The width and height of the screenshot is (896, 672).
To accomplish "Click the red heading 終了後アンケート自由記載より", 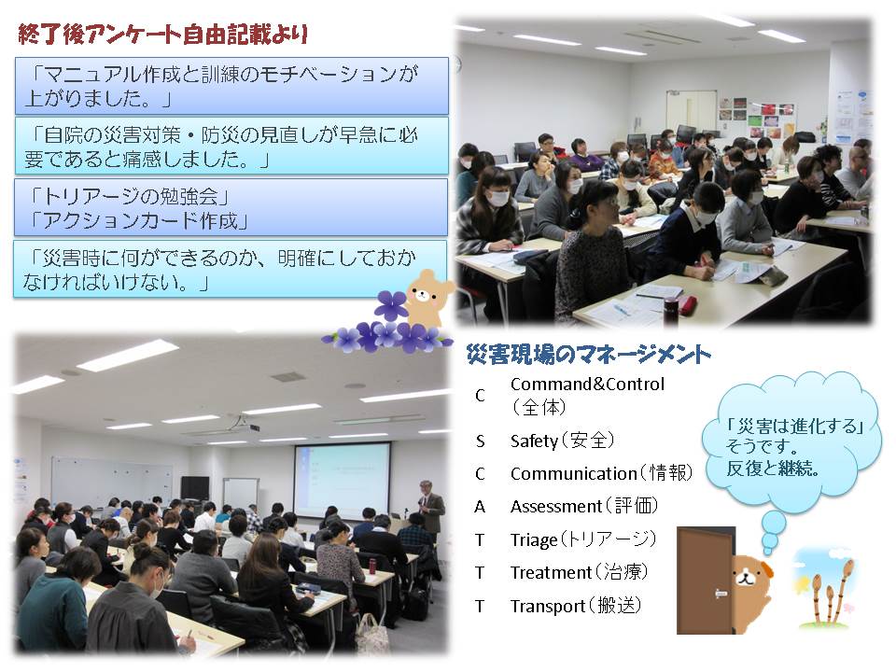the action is pyautogui.click(x=163, y=35).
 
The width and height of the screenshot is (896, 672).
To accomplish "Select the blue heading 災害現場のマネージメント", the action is pyautogui.click(x=589, y=355).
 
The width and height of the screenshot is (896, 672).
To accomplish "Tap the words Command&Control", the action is pyautogui.click(x=587, y=384).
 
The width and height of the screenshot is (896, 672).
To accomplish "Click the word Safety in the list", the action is pyautogui.click(x=534, y=441).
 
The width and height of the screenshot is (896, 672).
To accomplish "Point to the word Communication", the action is pyautogui.click(x=573, y=474).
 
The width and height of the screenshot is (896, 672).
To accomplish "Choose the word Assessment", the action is pyautogui.click(x=556, y=506).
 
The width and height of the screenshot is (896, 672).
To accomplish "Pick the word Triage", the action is pyautogui.click(x=534, y=540).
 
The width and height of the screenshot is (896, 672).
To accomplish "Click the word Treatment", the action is pyautogui.click(x=551, y=572).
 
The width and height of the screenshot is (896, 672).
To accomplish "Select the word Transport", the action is pyautogui.click(x=548, y=607).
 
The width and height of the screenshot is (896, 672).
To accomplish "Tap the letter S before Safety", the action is pyautogui.click(x=480, y=441).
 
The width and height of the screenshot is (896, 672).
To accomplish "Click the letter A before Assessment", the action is pyautogui.click(x=480, y=507).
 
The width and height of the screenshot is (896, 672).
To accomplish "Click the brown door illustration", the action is pyautogui.click(x=707, y=581).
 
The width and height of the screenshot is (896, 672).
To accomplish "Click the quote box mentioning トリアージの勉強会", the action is pyautogui.click(x=231, y=207).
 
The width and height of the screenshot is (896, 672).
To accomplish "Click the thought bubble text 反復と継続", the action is pyautogui.click(x=773, y=469).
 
